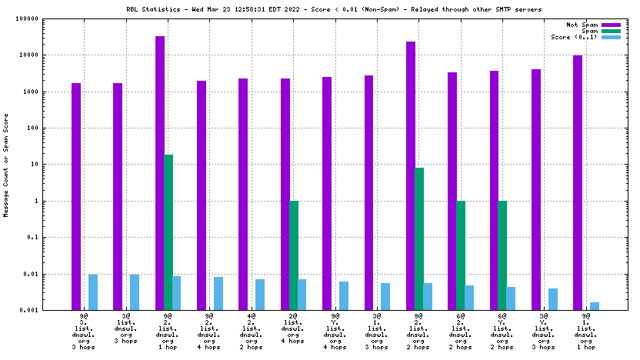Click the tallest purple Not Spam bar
pos(160,173)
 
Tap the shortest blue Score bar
pos(595,306)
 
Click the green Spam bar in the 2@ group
pos(294,255)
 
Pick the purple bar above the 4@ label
pos(243,194)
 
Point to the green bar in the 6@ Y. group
pos(503,255)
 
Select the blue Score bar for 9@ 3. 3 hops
pos(92,292)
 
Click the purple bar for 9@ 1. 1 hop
pos(578,182)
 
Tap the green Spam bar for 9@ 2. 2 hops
pos(419,238)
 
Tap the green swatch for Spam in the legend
pos(611,32)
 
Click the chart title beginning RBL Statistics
pos(334,9)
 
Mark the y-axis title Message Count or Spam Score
pos(7,165)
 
